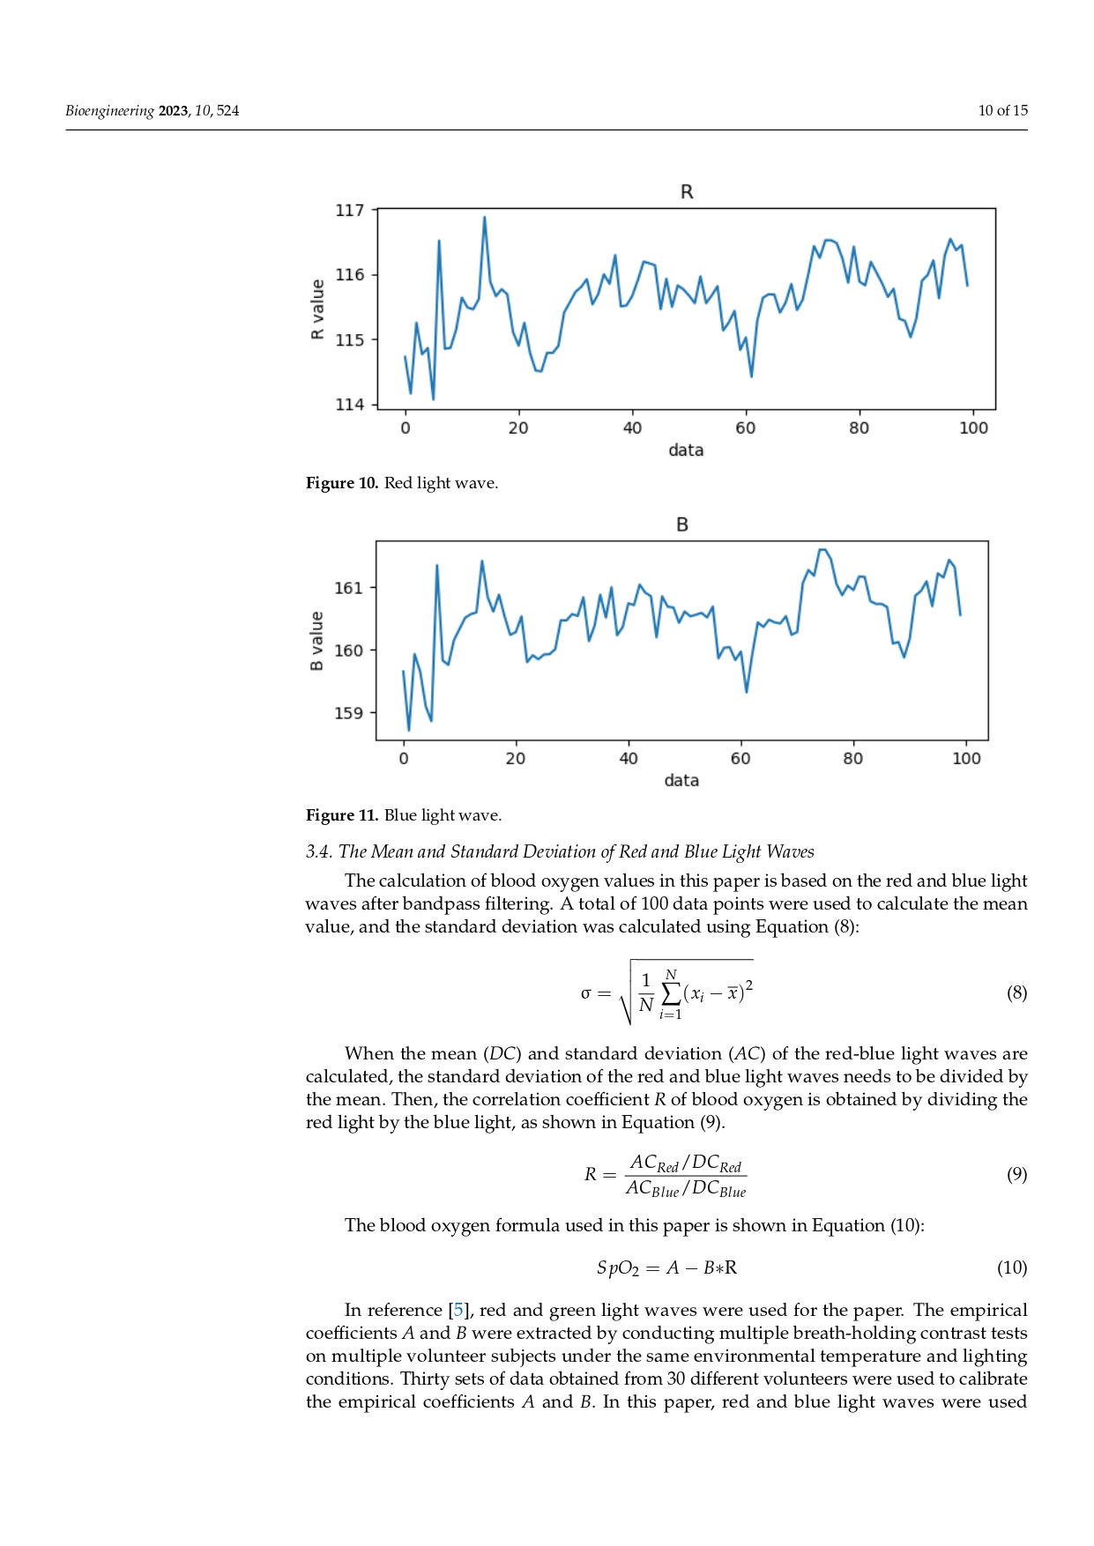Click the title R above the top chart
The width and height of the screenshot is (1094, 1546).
pyautogui.click(x=687, y=192)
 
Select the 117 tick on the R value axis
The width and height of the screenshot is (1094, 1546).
pyautogui.click(x=349, y=210)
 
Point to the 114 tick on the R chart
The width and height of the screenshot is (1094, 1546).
pyautogui.click(x=349, y=405)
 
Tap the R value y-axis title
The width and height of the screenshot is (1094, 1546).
pyautogui.click(x=317, y=309)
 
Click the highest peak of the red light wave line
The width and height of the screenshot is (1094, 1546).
pyautogui.click(x=484, y=217)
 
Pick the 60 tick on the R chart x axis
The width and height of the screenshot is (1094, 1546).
pyautogui.click(x=746, y=428)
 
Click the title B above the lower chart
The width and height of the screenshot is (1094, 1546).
pyautogui.click(x=681, y=524)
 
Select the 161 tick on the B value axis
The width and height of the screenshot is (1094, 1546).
pyautogui.click(x=348, y=588)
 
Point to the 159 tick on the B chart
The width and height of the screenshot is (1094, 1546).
pyautogui.click(x=348, y=713)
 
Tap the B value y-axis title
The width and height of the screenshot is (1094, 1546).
pyautogui.click(x=316, y=641)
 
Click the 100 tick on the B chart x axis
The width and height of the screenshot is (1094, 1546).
pyautogui.click(x=966, y=759)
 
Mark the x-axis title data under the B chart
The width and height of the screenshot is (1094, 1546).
pyautogui.click(x=681, y=781)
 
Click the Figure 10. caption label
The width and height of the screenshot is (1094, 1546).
pyautogui.click(x=342, y=483)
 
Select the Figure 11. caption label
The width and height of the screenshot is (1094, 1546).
pyautogui.click(x=342, y=815)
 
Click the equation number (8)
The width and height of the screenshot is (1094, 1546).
pyautogui.click(x=1016, y=993)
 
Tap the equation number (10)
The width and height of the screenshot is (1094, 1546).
pyautogui.click(x=1012, y=1268)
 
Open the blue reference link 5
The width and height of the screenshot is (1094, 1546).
pyautogui.click(x=458, y=1311)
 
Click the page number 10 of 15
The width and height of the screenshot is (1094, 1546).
pyautogui.click(x=1002, y=111)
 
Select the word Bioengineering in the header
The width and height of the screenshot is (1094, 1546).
pyautogui.click(x=109, y=111)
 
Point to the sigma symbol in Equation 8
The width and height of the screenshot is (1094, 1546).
pyautogui.click(x=585, y=994)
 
